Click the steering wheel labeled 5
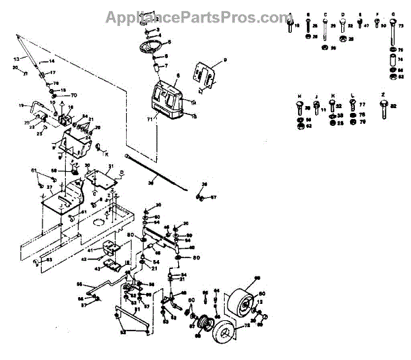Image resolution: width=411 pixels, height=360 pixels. point(150,49)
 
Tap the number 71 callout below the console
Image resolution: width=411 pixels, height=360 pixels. point(150,119)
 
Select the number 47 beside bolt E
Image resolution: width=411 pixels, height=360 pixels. point(366,25)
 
